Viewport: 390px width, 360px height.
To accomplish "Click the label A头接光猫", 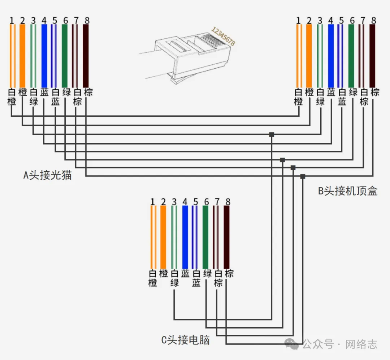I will tap(47, 175).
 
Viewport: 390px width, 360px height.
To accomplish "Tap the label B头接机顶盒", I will tap(347, 191).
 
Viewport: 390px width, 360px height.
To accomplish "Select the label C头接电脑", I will tap(185, 340).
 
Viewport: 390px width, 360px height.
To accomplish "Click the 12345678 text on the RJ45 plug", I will tap(223, 36).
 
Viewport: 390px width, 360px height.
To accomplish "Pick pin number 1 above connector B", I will tap(298, 20).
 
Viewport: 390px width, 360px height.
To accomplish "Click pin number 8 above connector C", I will tap(227, 202).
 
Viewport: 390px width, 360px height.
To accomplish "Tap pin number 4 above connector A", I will tap(44, 20).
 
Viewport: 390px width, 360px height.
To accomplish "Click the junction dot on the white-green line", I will tap(272, 134).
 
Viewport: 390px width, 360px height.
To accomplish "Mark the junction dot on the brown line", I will tap(303, 176).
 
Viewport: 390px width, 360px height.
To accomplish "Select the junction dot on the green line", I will tap(282, 160).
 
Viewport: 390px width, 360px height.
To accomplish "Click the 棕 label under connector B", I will tap(374, 93).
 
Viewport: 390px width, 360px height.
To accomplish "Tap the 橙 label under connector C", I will tap(164, 274).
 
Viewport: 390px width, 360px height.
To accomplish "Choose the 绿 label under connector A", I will tap(66, 93).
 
